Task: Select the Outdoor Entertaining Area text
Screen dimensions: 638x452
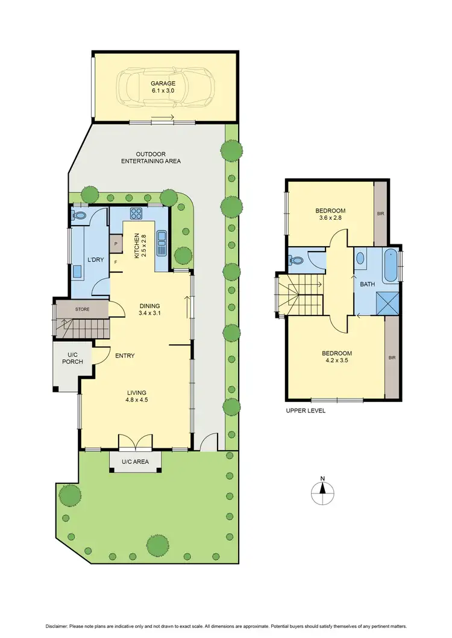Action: pyautogui.click(x=151, y=158)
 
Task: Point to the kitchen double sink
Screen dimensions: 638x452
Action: pyautogui.click(x=161, y=243)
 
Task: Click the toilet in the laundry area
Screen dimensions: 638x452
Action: pyautogui.click(x=79, y=215)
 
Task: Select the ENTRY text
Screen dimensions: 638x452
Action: pyautogui.click(x=125, y=356)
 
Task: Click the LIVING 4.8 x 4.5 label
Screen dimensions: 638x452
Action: pyautogui.click(x=136, y=395)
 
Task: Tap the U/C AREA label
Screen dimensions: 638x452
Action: pyautogui.click(x=136, y=461)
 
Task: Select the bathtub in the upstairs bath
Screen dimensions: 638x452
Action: pyautogui.click(x=392, y=265)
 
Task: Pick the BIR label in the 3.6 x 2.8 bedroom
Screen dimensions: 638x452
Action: pyautogui.click(x=380, y=214)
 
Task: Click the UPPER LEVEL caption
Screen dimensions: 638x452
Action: pyautogui.click(x=306, y=410)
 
